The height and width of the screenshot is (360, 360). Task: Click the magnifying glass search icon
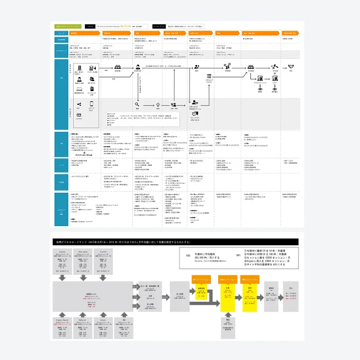(137, 104)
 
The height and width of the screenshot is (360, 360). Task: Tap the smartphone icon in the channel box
(92, 104)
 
